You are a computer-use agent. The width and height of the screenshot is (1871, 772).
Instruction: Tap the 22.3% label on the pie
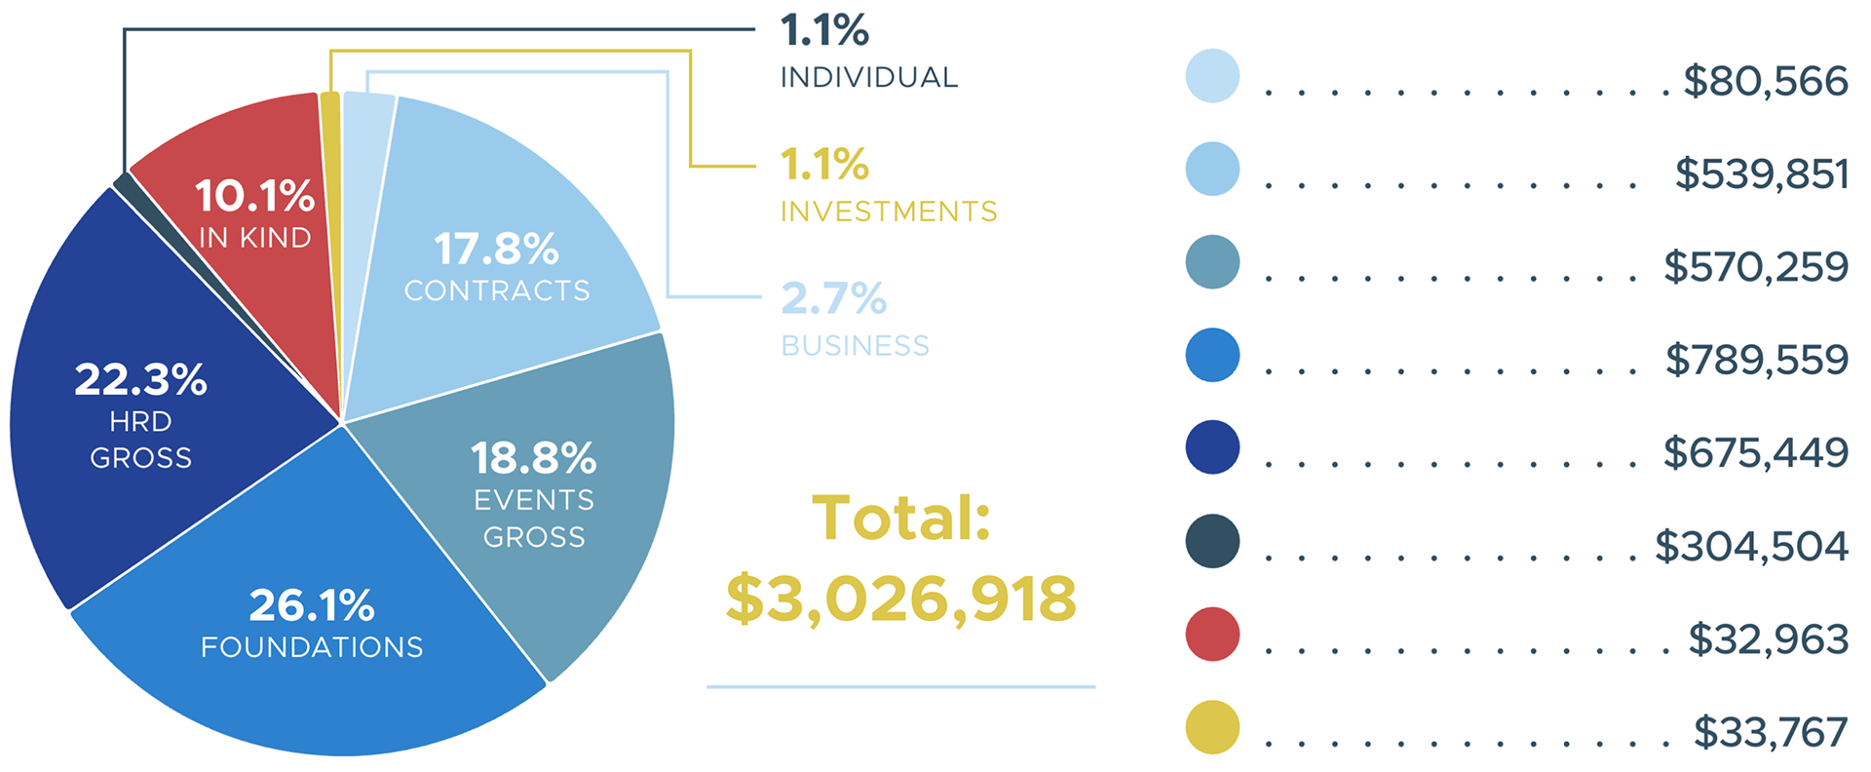point(140,379)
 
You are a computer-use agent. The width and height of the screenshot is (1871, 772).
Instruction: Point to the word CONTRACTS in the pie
point(497,290)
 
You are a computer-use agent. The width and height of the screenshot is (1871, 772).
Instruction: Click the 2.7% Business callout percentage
point(833,298)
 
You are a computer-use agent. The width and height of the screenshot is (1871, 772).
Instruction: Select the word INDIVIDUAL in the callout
point(869,77)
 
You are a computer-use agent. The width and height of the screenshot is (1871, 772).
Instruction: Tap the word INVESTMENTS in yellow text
point(889,212)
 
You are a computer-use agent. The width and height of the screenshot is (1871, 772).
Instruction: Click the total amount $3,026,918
point(900,598)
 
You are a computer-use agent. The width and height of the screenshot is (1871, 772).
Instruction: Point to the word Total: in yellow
point(900,519)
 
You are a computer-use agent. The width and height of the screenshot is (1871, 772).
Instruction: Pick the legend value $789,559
point(1756,360)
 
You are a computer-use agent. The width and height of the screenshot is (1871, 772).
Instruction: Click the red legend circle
point(1212,635)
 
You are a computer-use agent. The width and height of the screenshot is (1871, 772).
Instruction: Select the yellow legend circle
point(1212,727)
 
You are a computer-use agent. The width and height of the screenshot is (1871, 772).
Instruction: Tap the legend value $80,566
point(1765,81)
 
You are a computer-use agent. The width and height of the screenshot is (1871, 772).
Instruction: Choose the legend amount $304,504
point(1751,546)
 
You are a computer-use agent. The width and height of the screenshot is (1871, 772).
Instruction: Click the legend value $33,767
point(1770,732)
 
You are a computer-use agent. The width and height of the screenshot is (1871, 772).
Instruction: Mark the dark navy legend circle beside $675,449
point(1212,448)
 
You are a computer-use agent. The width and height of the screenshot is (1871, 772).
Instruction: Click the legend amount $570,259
point(1755,266)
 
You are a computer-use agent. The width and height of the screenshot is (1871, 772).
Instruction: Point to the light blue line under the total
point(900,686)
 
